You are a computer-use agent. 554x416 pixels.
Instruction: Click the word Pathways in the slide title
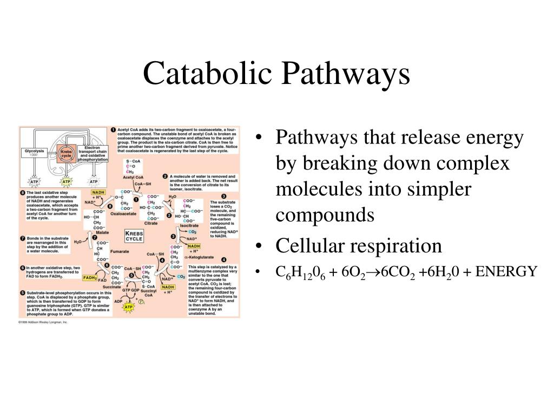click(x=338, y=74)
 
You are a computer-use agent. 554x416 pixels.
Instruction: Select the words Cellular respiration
click(x=359, y=246)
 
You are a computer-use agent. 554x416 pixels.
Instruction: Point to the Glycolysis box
click(x=35, y=153)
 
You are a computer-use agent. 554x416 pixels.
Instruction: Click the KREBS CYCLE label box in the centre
click(x=134, y=236)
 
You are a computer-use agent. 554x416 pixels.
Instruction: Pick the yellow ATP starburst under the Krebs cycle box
click(x=66, y=181)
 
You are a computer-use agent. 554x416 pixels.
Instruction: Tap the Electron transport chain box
click(x=93, y=153)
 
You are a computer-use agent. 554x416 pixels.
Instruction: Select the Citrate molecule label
click(x=151, y=223)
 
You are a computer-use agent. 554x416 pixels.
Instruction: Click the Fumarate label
click(x=120, y=251)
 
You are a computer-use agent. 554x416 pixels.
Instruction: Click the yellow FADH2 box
click(x=90, y=278)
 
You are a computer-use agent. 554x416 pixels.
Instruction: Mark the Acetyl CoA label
click(x=133, y=177)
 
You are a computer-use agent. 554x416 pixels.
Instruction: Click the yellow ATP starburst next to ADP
click(x=128, y=307)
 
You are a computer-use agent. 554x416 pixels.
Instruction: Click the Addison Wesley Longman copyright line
click(x=43, y=322)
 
